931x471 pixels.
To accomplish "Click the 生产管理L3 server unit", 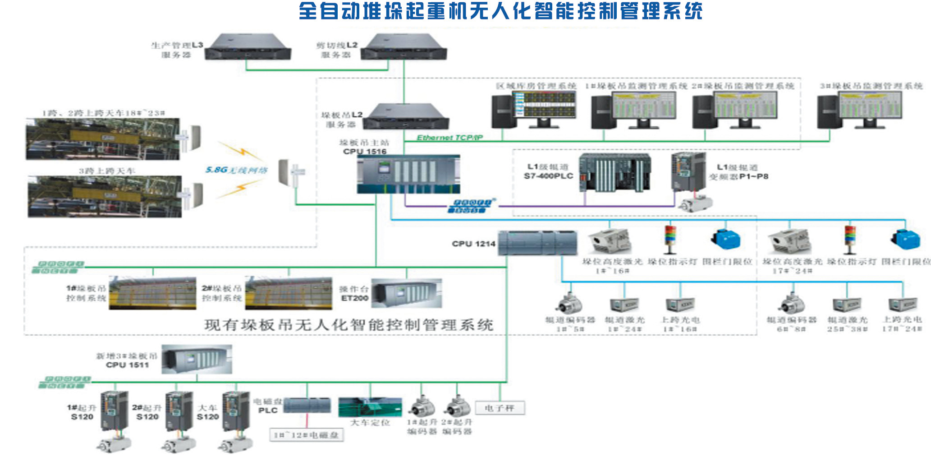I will pyautogui.click(x=248, y=47).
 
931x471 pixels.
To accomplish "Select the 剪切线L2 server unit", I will pyautogui.click(x=404, y=47).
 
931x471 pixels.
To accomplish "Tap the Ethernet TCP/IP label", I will pyautogui.click(x=449, y=138).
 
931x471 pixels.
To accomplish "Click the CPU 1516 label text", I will pyautogui.click(x=365, y=152).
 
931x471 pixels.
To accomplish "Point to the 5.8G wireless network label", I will pyautogui.click(x=236, y=170).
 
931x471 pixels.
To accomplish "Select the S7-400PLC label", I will pyautogui.click(x=548, y=176).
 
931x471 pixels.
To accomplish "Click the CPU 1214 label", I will pyautogui.click(x=473, y=244).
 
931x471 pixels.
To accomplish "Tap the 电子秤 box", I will pyautogui.click(x=500, y=408).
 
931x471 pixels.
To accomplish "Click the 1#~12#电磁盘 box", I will pyautogui.click(x=307, y=435).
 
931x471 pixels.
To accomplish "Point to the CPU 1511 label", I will pyautogui.click(x=128, y=365).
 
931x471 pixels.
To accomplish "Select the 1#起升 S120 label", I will pyautogui.click(x=82, y=412).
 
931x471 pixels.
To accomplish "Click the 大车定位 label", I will pyautogui.click(x=370, y=423).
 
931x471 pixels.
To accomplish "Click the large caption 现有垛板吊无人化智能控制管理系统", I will pyautogui.click(x=349, y=325).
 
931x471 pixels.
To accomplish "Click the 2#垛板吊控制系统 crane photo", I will pyautogui.click(x=289, y=293).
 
